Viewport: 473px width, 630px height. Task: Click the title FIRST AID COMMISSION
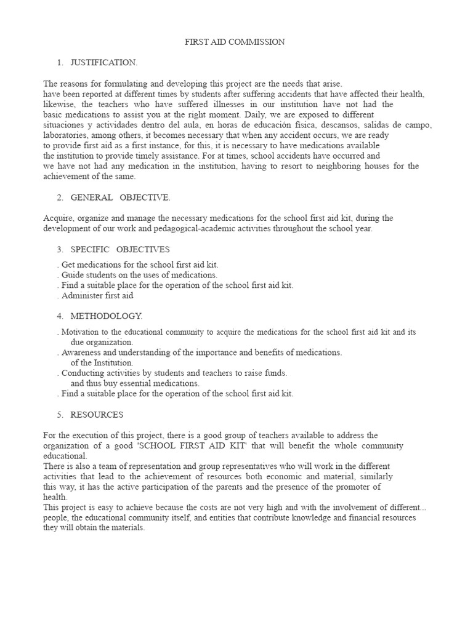coord(235,42)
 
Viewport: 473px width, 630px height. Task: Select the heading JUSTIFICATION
coord(104,63)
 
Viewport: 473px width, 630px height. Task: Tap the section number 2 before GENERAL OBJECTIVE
coord(60,197)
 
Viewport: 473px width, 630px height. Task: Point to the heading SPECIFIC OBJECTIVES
coord(120,249)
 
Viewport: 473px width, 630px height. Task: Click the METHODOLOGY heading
coord(106,316)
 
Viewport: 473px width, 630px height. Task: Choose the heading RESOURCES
coord(97,415)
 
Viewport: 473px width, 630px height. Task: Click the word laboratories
coord(64,135)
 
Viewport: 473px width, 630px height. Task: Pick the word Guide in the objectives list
coord(73,275)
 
